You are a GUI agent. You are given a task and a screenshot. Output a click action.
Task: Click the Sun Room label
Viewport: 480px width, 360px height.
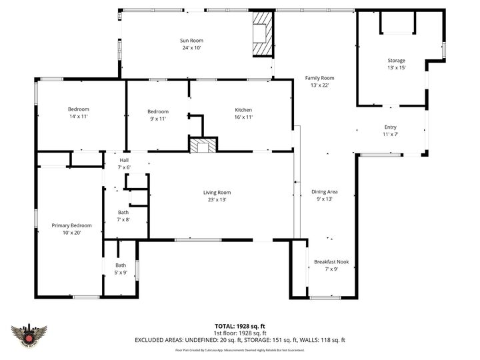click(191, 41)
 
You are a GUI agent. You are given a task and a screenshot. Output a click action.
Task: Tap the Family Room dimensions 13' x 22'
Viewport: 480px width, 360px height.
click(320, 85)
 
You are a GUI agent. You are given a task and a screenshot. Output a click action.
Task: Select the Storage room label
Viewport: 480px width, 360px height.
click(397, 61)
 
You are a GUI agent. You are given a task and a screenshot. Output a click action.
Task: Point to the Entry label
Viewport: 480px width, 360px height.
click(390, 127)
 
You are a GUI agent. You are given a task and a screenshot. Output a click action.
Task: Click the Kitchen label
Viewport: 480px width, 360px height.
click(243, 110)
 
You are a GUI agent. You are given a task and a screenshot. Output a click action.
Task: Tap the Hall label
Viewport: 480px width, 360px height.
click(124, 160)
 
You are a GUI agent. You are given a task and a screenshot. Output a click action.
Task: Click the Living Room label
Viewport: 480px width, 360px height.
click(217, 193)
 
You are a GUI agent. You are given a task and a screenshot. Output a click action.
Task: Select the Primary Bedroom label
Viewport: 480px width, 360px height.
click(72, 225)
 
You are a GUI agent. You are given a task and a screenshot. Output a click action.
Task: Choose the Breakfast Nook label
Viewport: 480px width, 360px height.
click(331, 262)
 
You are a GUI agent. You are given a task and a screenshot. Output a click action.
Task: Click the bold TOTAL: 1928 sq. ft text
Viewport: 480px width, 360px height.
click(239, 326)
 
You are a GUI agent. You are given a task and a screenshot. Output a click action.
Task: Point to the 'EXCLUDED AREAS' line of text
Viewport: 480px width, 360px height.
click(239, 340)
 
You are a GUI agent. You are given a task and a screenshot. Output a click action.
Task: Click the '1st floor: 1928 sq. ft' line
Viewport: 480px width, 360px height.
click(239, 333)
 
